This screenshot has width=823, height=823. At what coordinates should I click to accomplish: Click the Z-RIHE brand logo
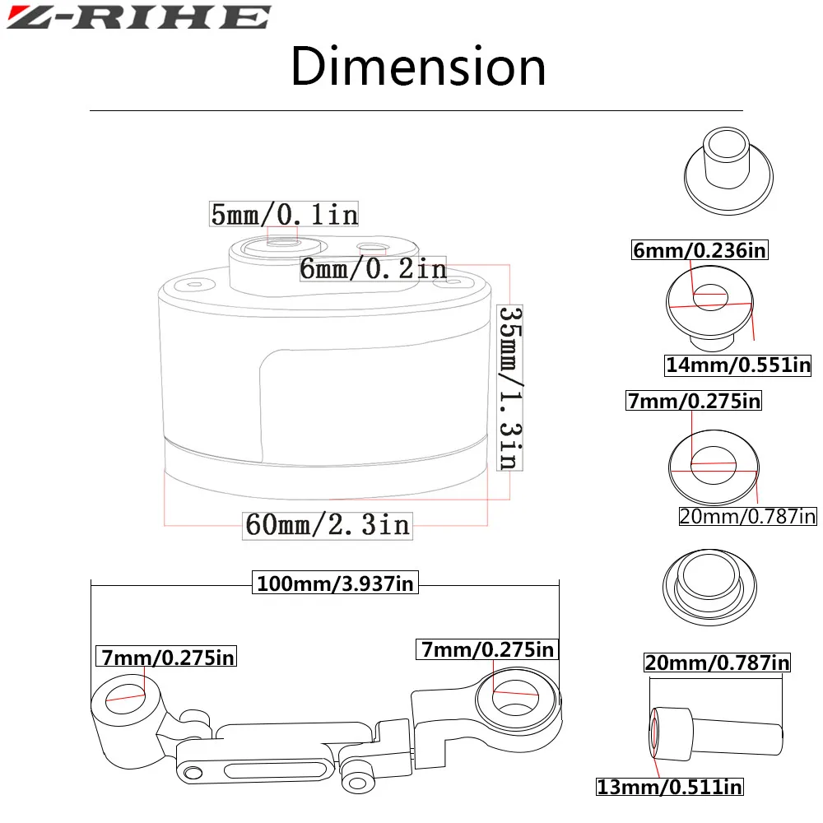tap(138, 17)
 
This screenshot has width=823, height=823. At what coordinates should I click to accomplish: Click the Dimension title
tap(418, 67)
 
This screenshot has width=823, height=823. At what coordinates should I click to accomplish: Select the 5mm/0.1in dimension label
tap(284, 214)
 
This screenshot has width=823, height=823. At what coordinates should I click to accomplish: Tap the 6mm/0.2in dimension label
tap(373, 269)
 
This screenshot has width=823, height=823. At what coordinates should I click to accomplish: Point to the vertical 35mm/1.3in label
tap(509, 388)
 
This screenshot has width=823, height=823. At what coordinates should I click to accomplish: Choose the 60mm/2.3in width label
tap(328, 525)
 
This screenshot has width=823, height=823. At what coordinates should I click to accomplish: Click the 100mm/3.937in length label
tap(336, 584)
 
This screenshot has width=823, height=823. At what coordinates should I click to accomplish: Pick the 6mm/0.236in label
tap(700, 250)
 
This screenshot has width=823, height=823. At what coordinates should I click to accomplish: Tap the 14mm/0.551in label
tap(738, 365)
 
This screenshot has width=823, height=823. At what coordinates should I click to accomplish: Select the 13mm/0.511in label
tap(670, 787)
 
